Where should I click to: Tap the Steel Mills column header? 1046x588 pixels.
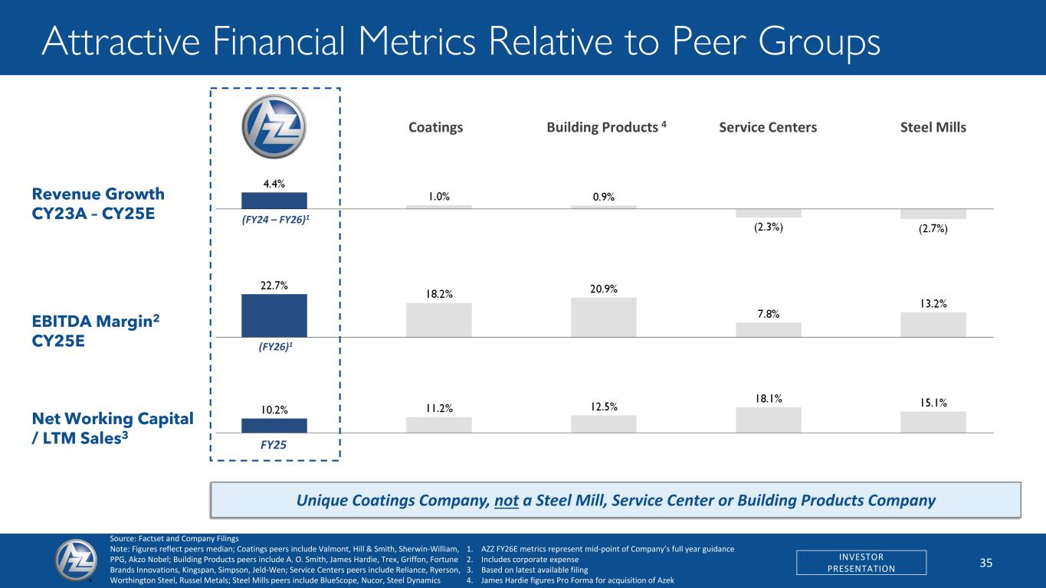tap(933, 128)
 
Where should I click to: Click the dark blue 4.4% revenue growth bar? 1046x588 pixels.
tap(274, 201)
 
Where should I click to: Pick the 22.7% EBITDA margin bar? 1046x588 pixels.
tap(274, 315)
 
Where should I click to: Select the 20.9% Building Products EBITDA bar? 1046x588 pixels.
tap(604, 317)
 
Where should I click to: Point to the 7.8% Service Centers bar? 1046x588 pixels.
tap(769, 329)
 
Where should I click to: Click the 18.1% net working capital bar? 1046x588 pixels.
tap(769, 420)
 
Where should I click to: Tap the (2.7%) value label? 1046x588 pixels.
tap(933, 229)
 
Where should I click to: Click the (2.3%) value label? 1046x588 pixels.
tap(768, 227)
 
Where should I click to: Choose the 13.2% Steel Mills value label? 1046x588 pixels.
tap(933, 304)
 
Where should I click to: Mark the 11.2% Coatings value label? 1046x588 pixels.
tap(439, 408)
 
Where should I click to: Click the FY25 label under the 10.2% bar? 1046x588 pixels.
tap(274, 443)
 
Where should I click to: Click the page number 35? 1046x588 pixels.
tap(985, 563)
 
